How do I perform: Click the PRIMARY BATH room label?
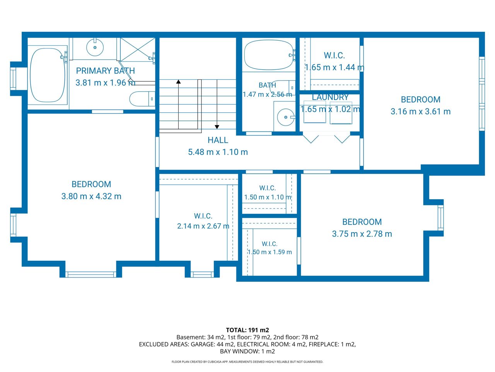pos(105,71)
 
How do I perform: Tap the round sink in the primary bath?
pos(95,47)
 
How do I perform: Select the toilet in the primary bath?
pos(142,99)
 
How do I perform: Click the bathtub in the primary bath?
pos(48,75)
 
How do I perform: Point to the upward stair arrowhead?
pos(178,81)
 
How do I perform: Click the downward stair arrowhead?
pos(217,127)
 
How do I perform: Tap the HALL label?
pos(218,140)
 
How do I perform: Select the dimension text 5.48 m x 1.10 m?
pos(218,152)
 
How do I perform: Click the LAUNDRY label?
pos(330,97)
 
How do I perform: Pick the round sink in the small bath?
pos(286,117)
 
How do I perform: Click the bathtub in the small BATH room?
pos(269,55)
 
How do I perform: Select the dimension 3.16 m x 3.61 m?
pos(421,111)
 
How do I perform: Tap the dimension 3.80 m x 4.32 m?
pos(91,196)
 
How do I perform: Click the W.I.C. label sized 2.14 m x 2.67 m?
pos(203,216)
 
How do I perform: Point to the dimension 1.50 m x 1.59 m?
pos(270,252)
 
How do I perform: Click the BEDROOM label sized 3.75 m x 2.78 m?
pos(362,222)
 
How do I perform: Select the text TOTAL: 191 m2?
pos(247,330)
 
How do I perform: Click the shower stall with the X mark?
pos(138,50)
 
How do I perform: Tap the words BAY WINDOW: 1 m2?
pos(247,351)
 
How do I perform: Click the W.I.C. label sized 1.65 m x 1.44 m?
pos(334,55)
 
